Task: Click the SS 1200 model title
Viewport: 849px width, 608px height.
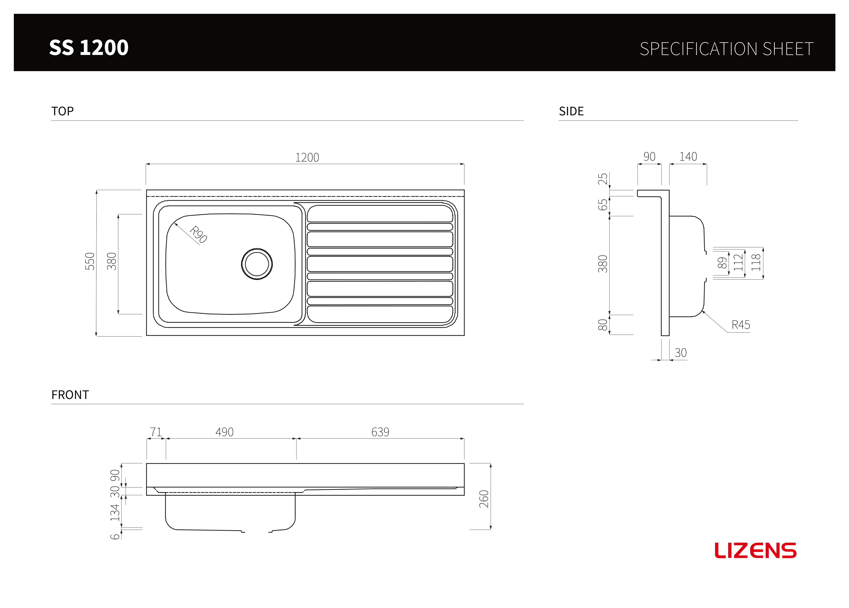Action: [x=89, y=48]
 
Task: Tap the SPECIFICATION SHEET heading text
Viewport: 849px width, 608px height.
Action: [x=726, y=49]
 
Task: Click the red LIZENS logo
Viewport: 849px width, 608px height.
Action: [x=755, y=550]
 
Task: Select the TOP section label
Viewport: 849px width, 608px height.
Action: [x=63, y=111]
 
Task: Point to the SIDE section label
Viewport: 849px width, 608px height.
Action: [x=571, y=111]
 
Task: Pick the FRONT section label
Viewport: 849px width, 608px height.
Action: [x=70, y=395]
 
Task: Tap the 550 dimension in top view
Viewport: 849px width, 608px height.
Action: [x=90, y=261]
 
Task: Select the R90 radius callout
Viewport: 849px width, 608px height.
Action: [x=198, y=234]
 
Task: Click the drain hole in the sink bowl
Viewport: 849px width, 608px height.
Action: [x=257, y=264]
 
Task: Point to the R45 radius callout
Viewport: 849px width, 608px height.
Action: [x=741, y=325]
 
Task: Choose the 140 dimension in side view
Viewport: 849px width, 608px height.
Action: [x=688, y=156]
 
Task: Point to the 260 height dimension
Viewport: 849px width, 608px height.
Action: [x=484, y=499]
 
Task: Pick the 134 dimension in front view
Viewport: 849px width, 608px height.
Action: [x=115, y=513]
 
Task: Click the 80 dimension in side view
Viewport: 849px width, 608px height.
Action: [x=603, y=325]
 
